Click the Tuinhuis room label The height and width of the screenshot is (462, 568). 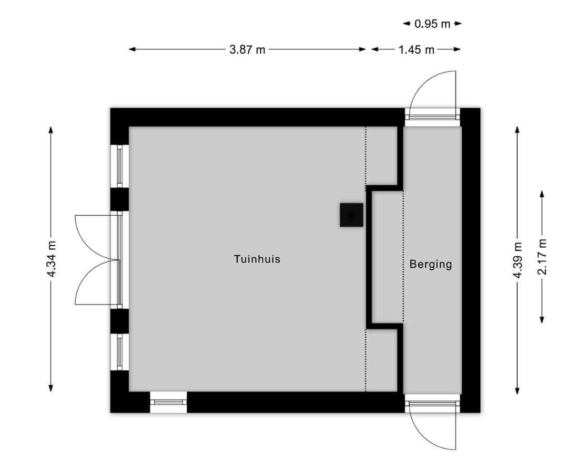click(257, 259)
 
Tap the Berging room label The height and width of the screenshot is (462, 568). click(431, 264)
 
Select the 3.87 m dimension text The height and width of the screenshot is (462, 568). click(247, 49)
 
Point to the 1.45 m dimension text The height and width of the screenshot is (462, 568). click(416, 49)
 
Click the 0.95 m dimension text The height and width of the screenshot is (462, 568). click(432, 24)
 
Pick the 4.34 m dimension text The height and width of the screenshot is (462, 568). click(51, 259)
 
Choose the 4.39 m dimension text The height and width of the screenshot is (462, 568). click(518, 260)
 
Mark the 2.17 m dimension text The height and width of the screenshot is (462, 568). click(542, 256)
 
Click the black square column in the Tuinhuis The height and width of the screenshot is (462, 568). click(351, 215)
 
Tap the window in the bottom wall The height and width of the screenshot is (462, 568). click(168, 402)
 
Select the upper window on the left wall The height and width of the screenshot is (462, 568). click(120, 166)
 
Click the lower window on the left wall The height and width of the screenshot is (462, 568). click(120, 352)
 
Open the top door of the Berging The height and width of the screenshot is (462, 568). click(432, 96)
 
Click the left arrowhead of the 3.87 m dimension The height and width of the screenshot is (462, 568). click(132, 49)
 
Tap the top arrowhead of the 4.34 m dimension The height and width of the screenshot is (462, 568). click(51, 130)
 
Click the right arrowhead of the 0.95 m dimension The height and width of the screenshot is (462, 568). click(458, 24)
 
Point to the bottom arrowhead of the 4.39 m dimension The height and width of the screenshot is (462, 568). click(518, 391)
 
